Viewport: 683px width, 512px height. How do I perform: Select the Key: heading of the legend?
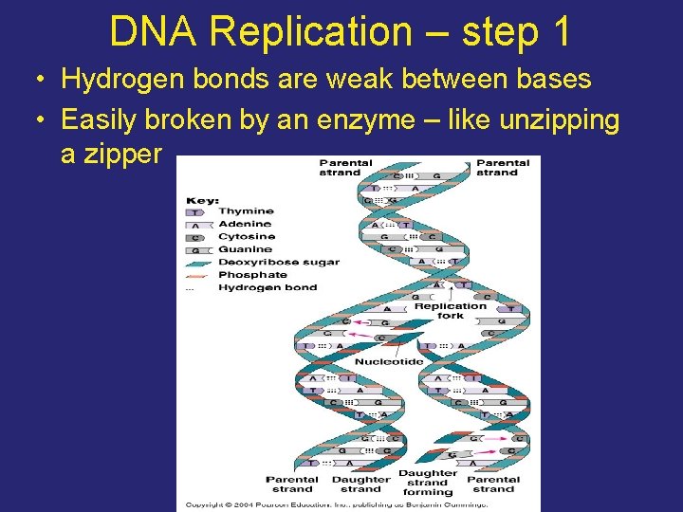[203, 200]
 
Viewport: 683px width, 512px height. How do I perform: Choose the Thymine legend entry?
[246, 211]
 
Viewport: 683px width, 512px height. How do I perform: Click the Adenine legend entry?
[246, 224]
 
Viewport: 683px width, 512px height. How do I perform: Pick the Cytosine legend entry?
[247, 236]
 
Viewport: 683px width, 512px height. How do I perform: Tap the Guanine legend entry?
[246, 249]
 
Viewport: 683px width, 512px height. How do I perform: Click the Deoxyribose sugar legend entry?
[278, 262]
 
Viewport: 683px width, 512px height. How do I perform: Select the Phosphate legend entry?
[252, 275]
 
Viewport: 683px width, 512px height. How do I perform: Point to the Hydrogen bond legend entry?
[268, 287]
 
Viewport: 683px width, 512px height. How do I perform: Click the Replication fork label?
[451, 311]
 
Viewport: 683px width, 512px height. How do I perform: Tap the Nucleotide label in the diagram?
[390, 361]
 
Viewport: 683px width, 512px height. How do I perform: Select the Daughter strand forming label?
[428, 483]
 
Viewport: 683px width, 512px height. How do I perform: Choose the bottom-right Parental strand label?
[493, 485]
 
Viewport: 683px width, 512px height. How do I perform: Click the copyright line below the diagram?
[338, 503]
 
